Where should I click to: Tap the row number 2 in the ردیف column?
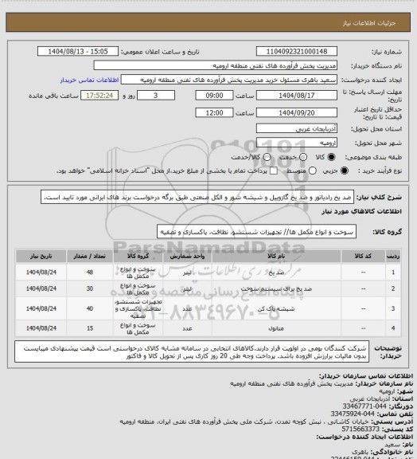coord(392,289)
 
